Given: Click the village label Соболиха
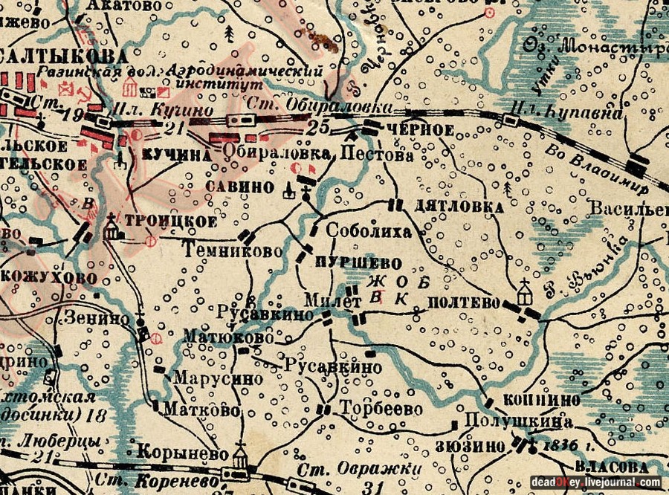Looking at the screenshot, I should click(x=369, y=231).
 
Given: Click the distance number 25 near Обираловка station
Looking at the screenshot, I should click(x=317, y=127).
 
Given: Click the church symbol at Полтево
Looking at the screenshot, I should click(x=526, y=289).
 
